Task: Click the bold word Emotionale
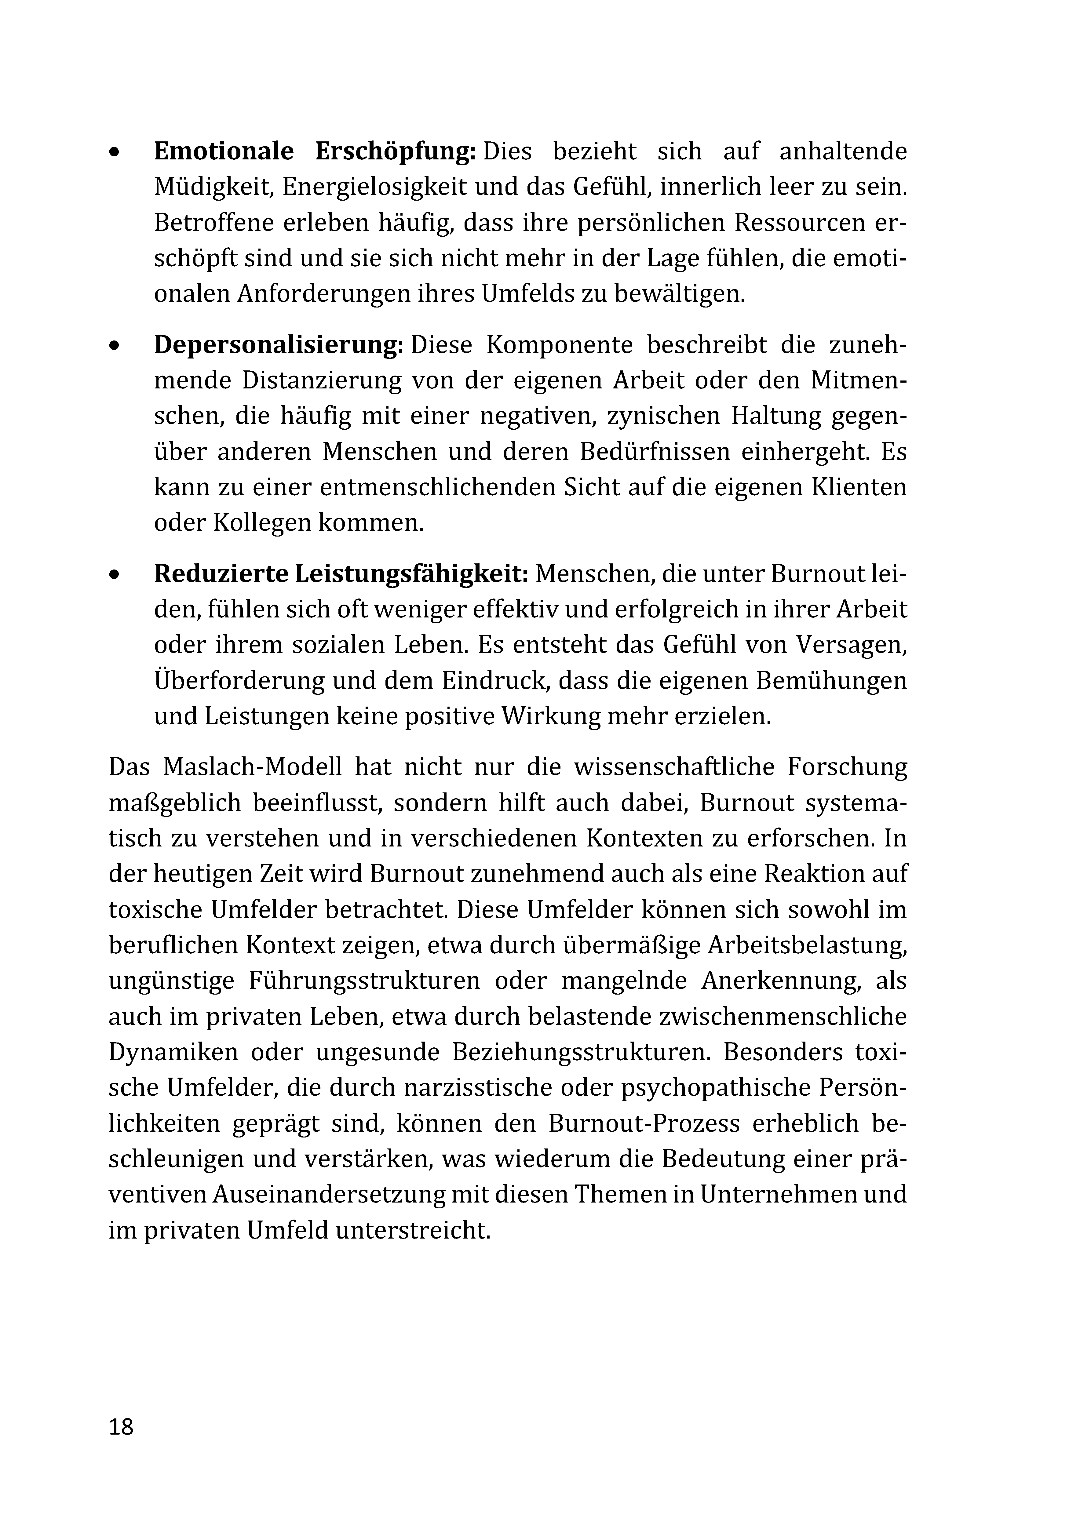tap(224, 152)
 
